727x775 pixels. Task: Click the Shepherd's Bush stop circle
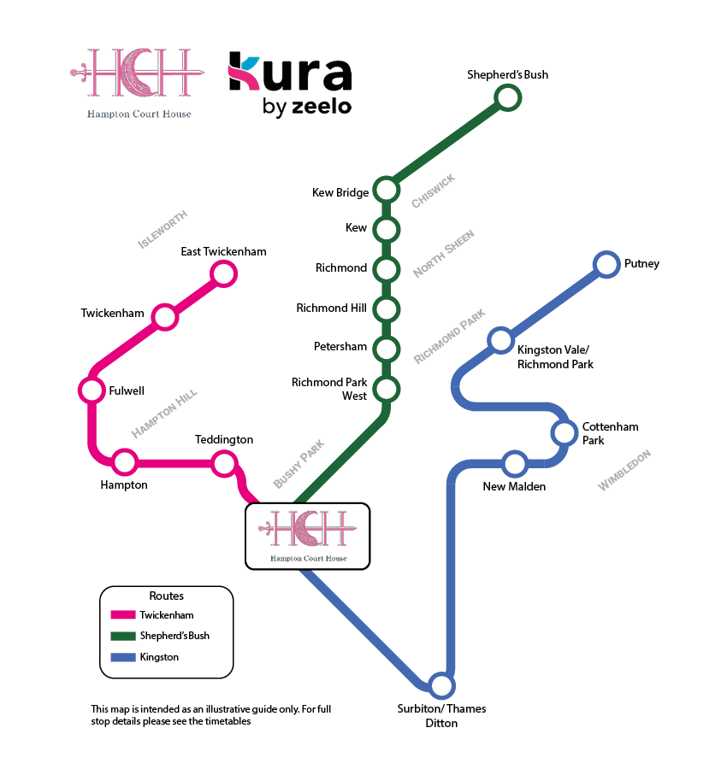(x=508, y=97)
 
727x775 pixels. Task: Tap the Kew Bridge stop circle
(x=386, y=190)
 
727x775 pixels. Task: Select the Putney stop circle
(x=606, y=264)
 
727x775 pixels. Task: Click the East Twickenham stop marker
(x=223, y=273)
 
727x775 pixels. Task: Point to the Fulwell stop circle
(x=91, y=390)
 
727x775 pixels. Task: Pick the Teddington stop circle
(x=223, y=463)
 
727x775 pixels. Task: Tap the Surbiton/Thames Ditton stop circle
(x=440, y=685)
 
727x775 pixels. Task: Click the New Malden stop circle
(x=514, y=464)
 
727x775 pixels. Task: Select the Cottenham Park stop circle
(x=564, y=432)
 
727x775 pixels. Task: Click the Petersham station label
(x=340, y=347)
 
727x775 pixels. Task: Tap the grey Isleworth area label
(x=163, y=230)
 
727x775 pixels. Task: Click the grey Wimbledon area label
(x=624, y=470)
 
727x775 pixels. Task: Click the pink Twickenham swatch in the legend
(x=123, y=615)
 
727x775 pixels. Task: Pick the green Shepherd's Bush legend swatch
(x=123, y=636)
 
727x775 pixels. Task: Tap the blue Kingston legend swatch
(x=123, y=657)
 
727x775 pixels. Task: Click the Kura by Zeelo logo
(x=290, y=83)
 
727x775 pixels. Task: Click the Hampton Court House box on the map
(x=308, y=536)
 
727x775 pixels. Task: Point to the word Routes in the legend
(x=166, y=596)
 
